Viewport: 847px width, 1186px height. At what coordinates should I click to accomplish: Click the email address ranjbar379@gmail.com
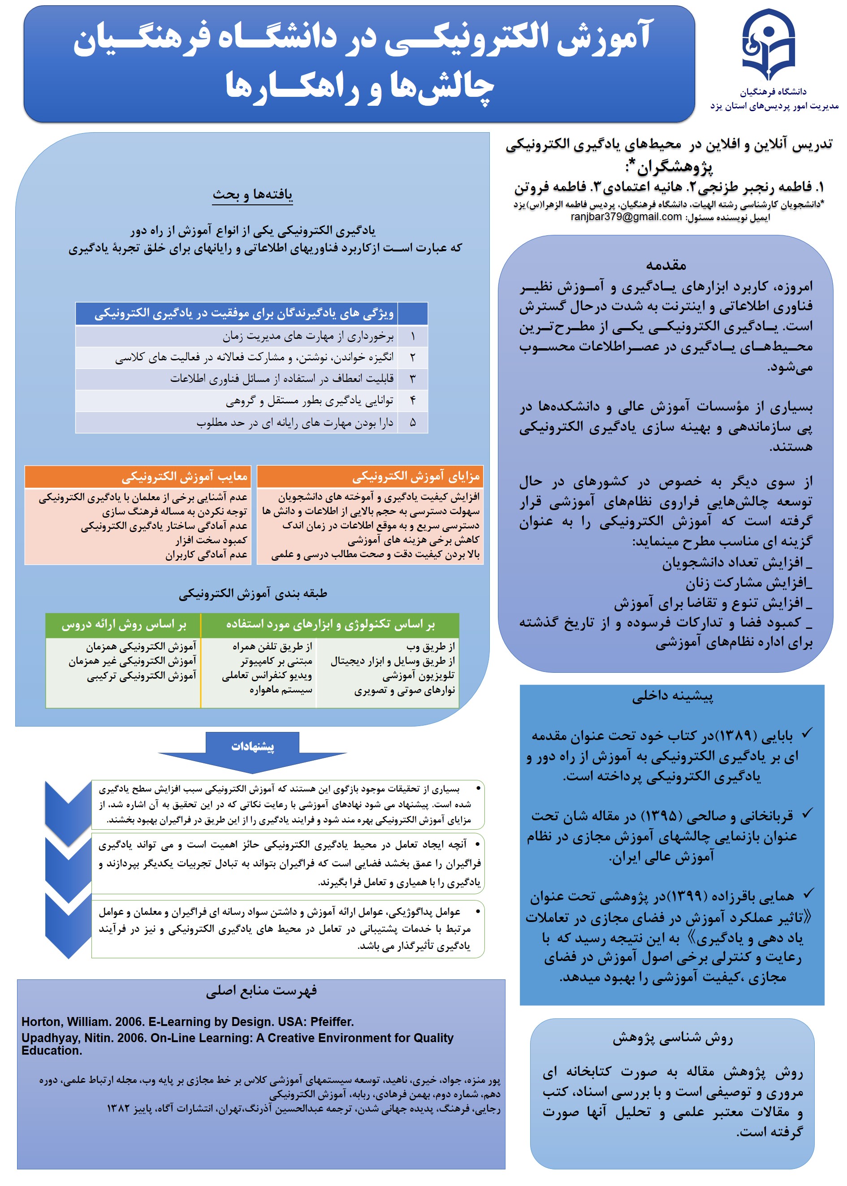(x=626, y=216)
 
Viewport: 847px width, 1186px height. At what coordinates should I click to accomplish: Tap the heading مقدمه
(x=666, y=265)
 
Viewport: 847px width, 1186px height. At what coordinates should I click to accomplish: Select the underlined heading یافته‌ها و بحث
(x=252, y=195)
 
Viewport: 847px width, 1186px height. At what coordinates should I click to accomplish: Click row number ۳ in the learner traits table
(x=413, y=379)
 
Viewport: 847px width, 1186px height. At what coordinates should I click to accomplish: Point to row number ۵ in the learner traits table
(x=413, y=423)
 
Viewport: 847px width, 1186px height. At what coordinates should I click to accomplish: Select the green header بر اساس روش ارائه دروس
(x=124, y=625)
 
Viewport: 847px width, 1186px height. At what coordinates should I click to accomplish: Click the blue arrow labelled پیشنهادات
(x=252, y=747)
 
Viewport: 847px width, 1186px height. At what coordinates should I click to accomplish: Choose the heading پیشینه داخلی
(x=672, y=696)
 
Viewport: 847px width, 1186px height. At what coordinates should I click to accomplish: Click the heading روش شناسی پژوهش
(x=672, y=1039)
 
